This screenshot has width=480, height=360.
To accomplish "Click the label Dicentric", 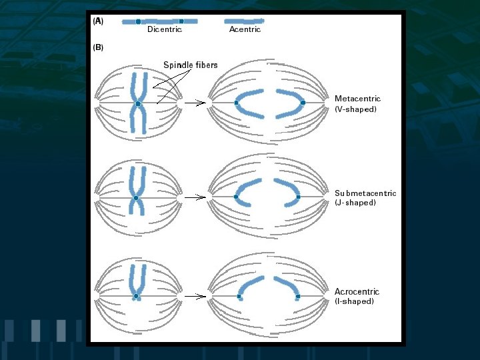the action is pos(164,29).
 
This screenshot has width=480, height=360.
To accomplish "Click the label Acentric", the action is pos(245,29).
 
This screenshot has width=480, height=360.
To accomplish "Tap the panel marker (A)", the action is pos(97,21).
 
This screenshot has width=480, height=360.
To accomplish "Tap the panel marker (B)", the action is pos(97,48).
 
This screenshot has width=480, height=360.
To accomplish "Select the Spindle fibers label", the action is pos(191,65).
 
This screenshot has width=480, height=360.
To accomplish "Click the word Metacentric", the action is pos(357,99).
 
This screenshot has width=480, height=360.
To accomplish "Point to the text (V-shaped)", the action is pos(355,109).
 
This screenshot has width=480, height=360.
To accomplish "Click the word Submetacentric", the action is pos(365,193).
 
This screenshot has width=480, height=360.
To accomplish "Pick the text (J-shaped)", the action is pos(355,203).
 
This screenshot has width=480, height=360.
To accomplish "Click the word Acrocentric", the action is pos(357,291).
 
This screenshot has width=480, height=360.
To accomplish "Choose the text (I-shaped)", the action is pos(354,301).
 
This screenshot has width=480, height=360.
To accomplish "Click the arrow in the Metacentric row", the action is pos(194,103).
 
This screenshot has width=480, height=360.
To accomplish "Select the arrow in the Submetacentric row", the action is pos(194,197).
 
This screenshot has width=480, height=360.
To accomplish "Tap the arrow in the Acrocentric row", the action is pos(194,296).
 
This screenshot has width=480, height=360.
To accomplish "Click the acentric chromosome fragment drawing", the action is pos(244,21).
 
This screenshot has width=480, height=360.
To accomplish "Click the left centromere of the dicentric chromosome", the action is pos(139,21).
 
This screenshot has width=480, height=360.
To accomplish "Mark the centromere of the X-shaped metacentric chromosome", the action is pos(138,103).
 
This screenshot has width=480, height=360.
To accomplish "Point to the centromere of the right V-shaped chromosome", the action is pos(303,103).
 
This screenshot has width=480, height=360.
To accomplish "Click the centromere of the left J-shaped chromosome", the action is pos(237,197).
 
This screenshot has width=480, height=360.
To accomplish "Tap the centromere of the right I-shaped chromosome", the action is pos(298,296).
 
